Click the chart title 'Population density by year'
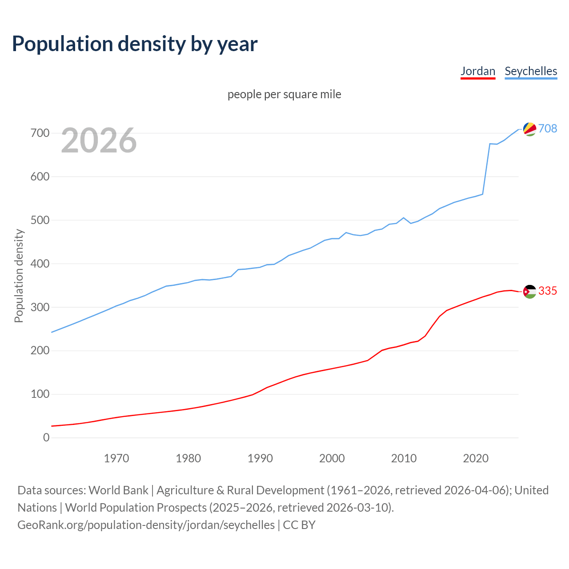[135, 44]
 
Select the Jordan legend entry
[478, 71]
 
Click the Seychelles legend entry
[531, 71]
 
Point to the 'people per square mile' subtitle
[284, 94]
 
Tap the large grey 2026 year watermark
[99, 140]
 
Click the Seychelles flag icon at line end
[529, 129]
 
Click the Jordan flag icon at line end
[529, 292]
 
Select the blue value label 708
[548, 128]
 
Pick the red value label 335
[548, 291]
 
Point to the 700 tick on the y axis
[40, 133]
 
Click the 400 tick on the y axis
[40, 264]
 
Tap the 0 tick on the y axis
[46, 438]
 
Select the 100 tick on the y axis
[40, 394]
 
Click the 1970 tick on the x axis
[116, 458]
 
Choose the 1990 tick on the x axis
[260, 458]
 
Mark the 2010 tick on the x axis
[404, 458]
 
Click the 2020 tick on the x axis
[476, 458]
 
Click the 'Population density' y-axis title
[19, 276]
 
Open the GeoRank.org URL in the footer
[146, 525]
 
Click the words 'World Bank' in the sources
[118, 490]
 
